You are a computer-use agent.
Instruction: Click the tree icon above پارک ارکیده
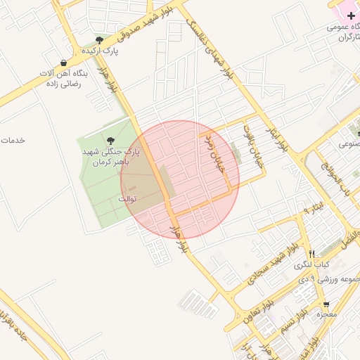tap(99, 41)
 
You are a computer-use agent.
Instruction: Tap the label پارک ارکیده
tap(100, 51)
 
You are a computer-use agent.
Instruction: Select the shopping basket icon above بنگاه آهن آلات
tap(64, 63)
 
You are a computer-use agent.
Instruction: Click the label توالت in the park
tap(127, 199)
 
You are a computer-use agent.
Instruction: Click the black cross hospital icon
tap(351, 15)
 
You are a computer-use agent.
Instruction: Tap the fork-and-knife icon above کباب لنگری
tap(311, 254)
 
